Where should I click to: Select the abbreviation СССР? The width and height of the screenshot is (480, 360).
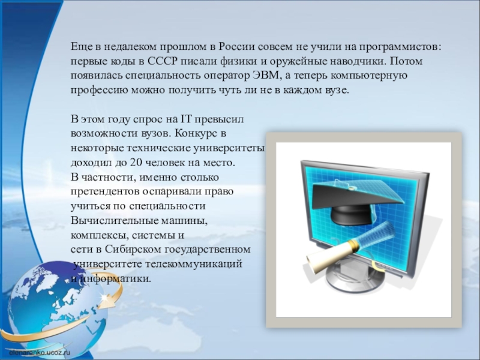162,61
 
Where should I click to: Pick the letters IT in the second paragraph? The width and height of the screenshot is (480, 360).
185,119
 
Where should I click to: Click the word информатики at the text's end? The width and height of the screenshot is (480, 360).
113,279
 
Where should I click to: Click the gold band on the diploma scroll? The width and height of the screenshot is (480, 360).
352,246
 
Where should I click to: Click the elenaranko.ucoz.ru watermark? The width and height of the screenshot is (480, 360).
40,353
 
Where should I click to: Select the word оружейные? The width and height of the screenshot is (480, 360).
296,62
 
